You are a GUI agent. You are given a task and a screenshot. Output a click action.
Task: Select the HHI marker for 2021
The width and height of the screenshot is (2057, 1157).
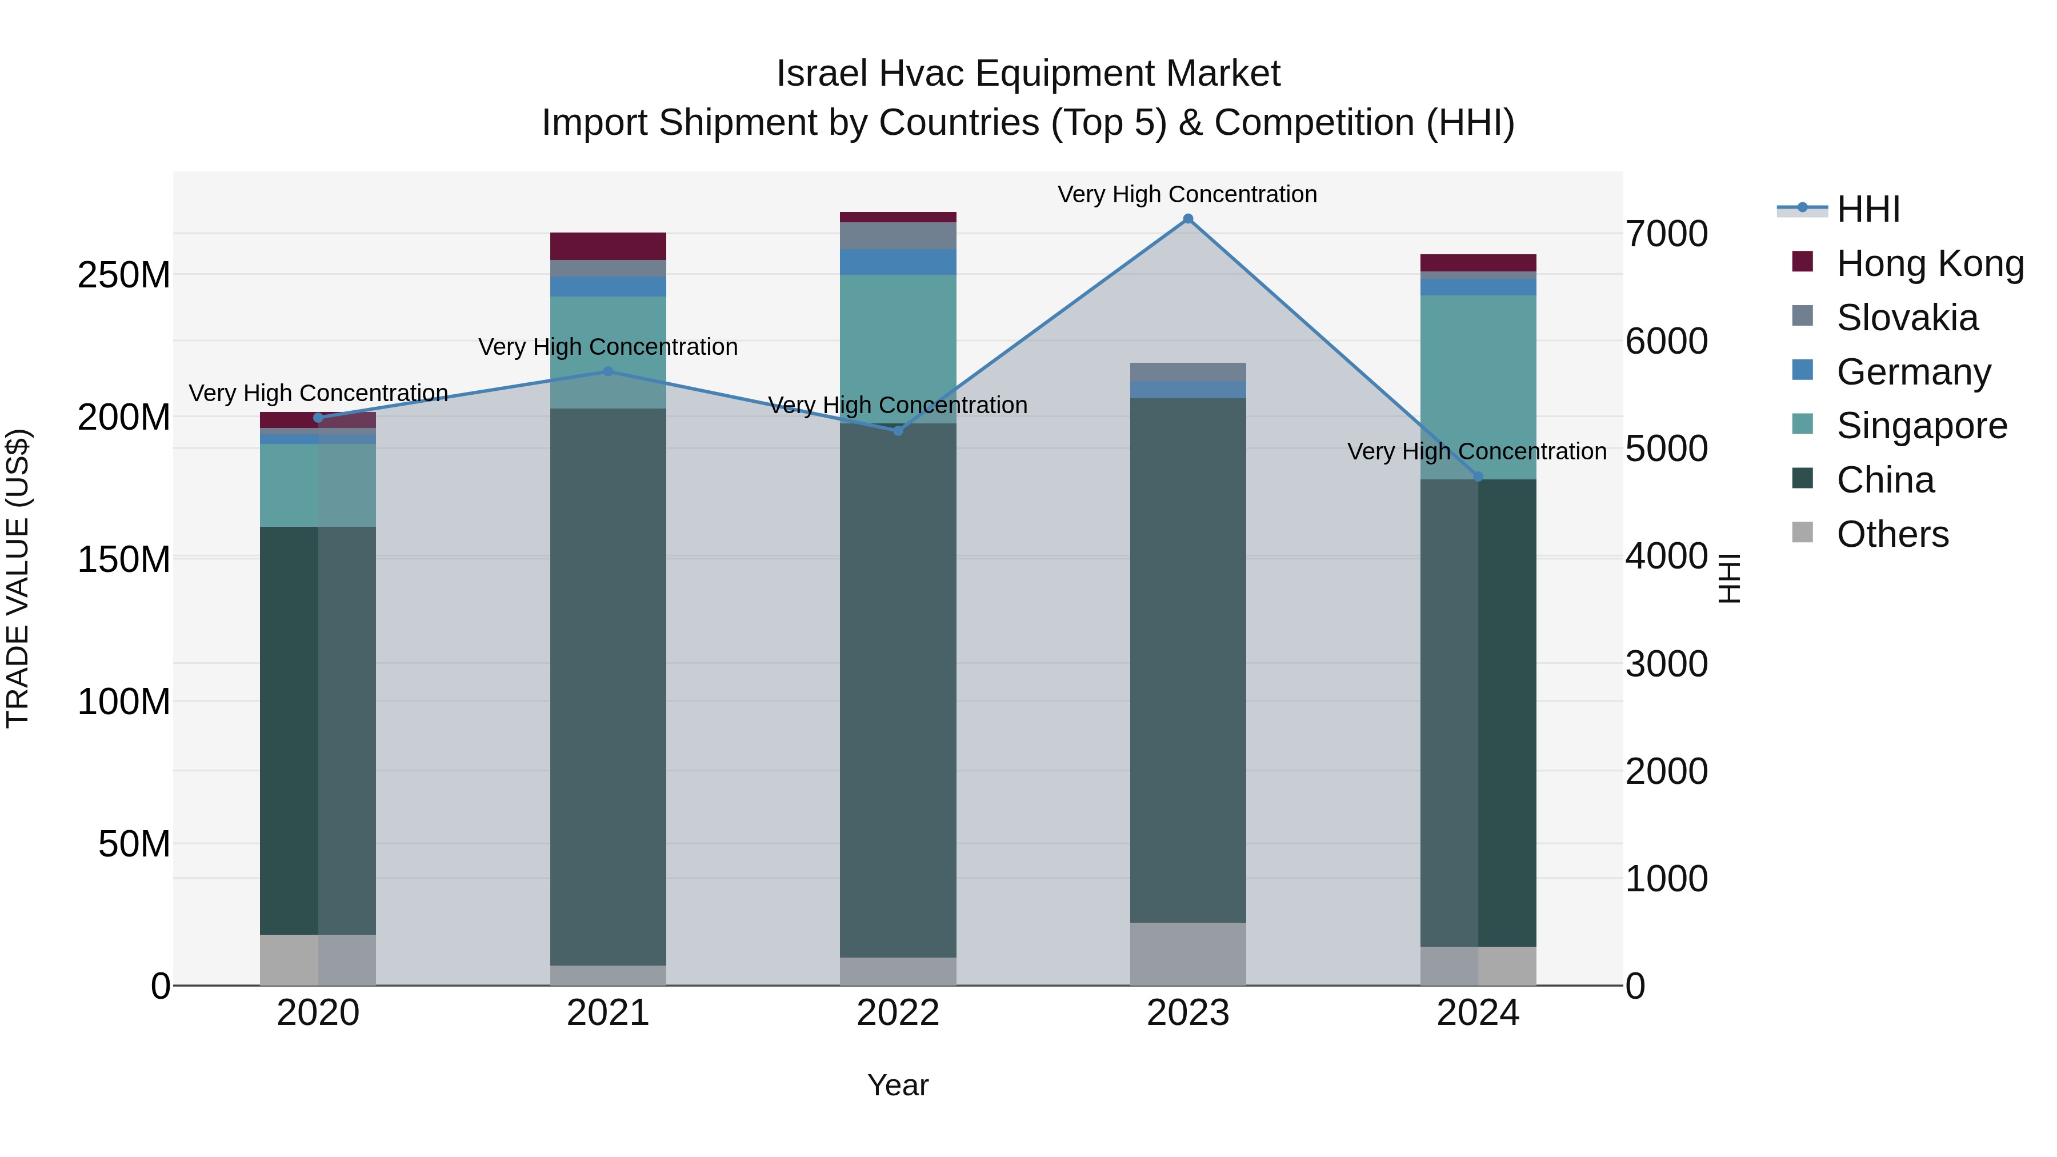pyautogui.click(x=608, y=371)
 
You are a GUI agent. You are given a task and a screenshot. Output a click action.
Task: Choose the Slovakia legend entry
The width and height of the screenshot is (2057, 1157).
pyautogui.click(x=1907, y=318)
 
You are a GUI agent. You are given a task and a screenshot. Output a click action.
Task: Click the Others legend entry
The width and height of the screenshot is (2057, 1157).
pyautogui.click(x=1892, y=534)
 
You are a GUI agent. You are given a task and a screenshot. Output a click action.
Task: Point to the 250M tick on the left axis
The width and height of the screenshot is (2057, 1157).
pyautogui.click(x=124, y=275)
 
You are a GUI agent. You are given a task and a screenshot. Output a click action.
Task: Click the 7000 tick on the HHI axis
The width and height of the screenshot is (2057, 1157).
pyautogui.click(x=1667, y=234)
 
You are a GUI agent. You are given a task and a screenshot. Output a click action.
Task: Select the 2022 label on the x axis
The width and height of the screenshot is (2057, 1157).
pyautogui.click(x=898, y=1013)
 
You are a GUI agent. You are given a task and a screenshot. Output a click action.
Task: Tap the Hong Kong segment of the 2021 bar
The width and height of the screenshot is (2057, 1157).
pyautogui.click(x=608, y=246)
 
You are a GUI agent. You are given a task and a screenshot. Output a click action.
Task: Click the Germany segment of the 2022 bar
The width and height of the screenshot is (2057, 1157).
pyautogui.click(x=898, y=262)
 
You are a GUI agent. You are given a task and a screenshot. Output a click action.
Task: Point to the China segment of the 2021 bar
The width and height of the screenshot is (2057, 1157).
pyautogui.click(x=608, y=687)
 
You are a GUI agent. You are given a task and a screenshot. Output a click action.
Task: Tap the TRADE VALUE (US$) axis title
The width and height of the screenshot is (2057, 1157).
pyautogui.click(x=18, y=578)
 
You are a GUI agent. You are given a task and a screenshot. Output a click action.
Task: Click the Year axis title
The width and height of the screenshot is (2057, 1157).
pyautogui.click(x=898, y=1085)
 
